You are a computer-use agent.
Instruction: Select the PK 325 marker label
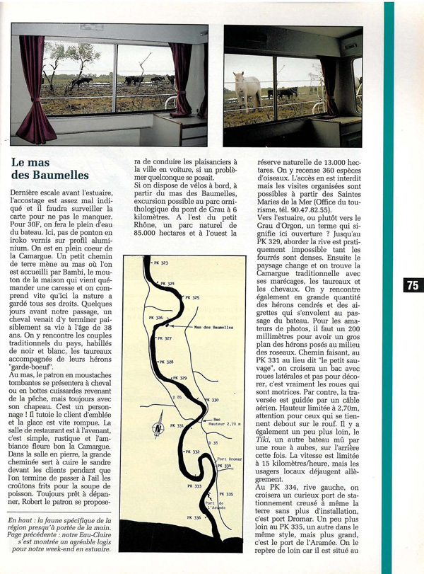tap(191, 298)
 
